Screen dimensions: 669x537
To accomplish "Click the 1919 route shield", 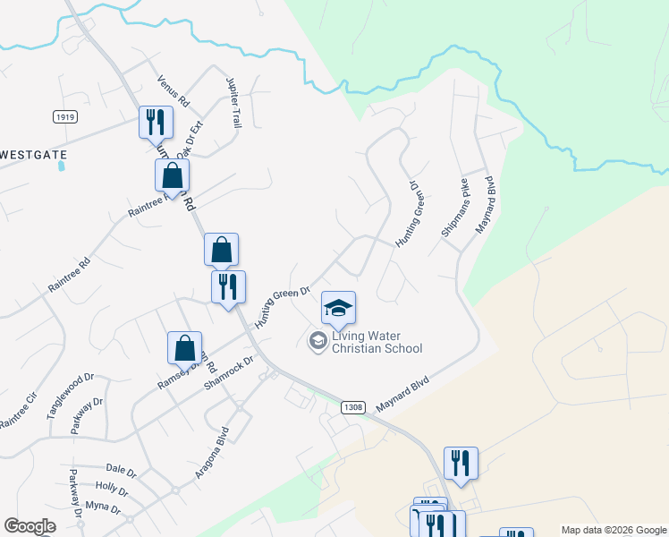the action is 64,117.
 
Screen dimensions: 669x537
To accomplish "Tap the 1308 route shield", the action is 353,407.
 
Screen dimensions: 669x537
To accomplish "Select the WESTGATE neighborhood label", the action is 34,155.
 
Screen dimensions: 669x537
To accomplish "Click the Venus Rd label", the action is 173,90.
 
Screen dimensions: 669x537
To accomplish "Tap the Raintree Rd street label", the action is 71,277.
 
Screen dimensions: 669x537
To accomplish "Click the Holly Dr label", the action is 112,489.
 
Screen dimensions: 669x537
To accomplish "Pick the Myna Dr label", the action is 104,507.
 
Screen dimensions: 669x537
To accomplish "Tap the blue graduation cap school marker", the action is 338,308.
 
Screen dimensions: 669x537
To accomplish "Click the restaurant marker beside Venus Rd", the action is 156,121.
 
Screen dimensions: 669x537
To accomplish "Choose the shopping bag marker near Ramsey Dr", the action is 184,347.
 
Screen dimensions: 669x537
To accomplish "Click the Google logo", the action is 30,526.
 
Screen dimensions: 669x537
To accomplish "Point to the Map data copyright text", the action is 613,530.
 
